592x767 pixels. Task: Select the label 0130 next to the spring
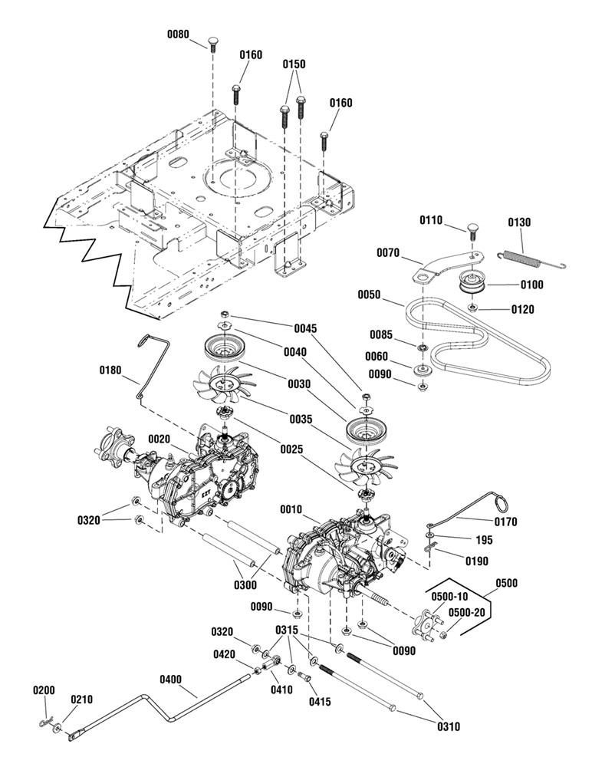[519, 222]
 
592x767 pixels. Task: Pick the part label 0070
[389, 252]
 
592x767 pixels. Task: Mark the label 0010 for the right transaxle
[291, 509]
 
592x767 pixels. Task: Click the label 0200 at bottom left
[44, 690]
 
